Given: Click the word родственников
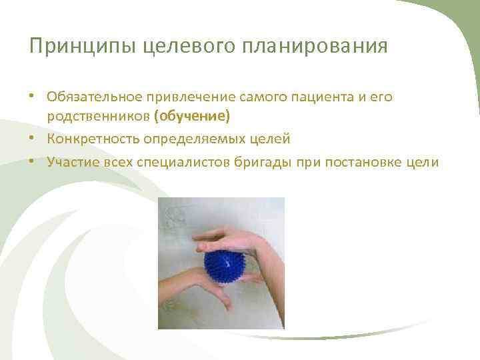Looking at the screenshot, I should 98,117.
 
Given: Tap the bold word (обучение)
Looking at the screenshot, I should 191,117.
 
